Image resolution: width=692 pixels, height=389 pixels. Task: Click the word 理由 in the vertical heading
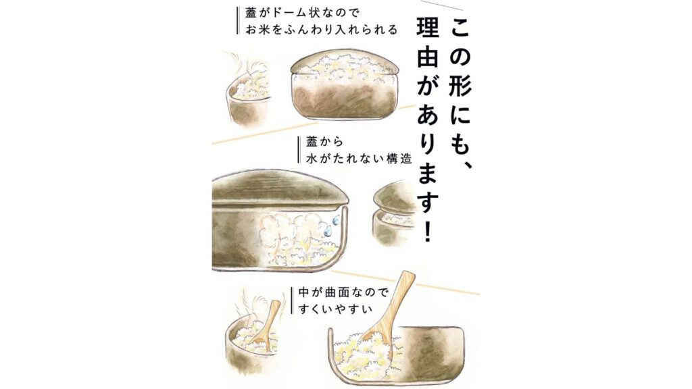(428, 44)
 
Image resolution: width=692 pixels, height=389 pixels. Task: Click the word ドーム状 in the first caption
(297, 13)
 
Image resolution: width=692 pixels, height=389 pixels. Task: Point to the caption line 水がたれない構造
(359, 158)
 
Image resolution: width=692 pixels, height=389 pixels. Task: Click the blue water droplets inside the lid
(331, 224)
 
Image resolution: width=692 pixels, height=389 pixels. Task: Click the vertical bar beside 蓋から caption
(300, 150)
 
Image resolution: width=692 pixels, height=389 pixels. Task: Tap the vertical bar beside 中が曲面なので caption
(292, 301)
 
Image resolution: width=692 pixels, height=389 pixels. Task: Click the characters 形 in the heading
(460, 84)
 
